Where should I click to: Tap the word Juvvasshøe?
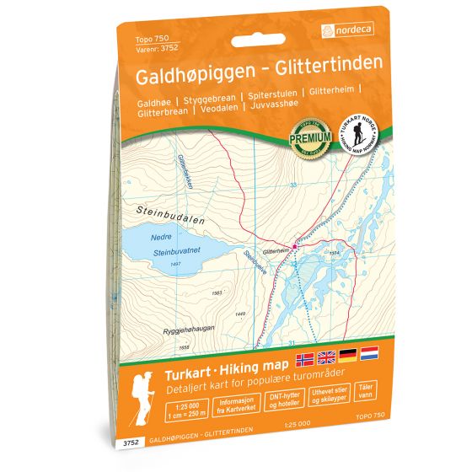275,108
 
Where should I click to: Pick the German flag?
348,356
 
